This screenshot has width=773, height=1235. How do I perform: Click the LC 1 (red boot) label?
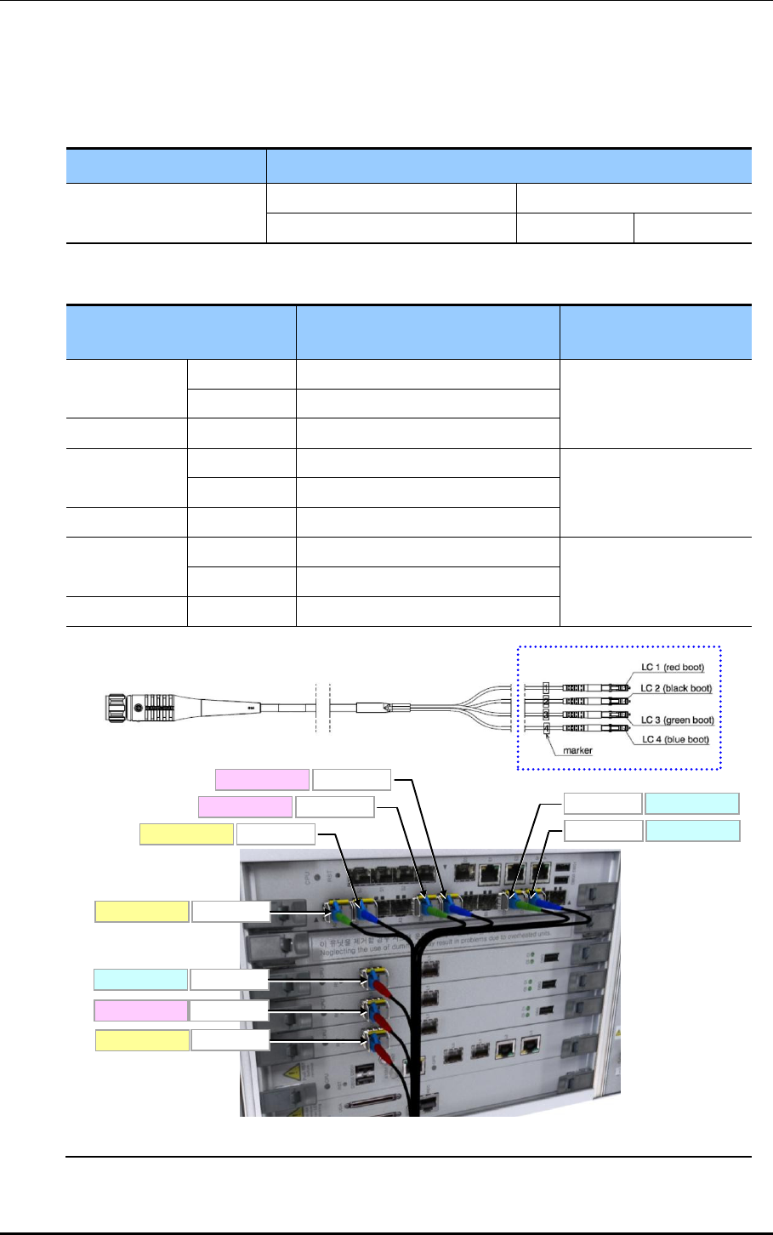tap(673, 668)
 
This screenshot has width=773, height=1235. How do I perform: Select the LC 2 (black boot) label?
tap(676, 688)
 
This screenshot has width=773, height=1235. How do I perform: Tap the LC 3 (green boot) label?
tap(677, 720)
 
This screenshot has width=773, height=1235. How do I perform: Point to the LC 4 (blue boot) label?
tap(675, 739)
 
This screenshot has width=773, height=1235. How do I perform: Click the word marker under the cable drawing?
tap(577, 751)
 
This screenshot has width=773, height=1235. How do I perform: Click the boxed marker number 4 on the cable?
tap(547, 728)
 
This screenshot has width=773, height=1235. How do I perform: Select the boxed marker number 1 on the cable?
tap(547, 686)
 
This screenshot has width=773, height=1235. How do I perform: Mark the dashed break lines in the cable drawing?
tap(321, 707)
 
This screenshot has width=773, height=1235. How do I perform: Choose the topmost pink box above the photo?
tap(262, 779)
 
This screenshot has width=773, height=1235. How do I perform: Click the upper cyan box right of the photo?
tap(692, 804)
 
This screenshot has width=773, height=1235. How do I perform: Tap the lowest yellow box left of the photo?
tap(141, 1040)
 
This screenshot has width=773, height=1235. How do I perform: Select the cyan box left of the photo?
tap(140, 979)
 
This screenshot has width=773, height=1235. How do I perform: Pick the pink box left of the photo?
tap(140, 1010)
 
